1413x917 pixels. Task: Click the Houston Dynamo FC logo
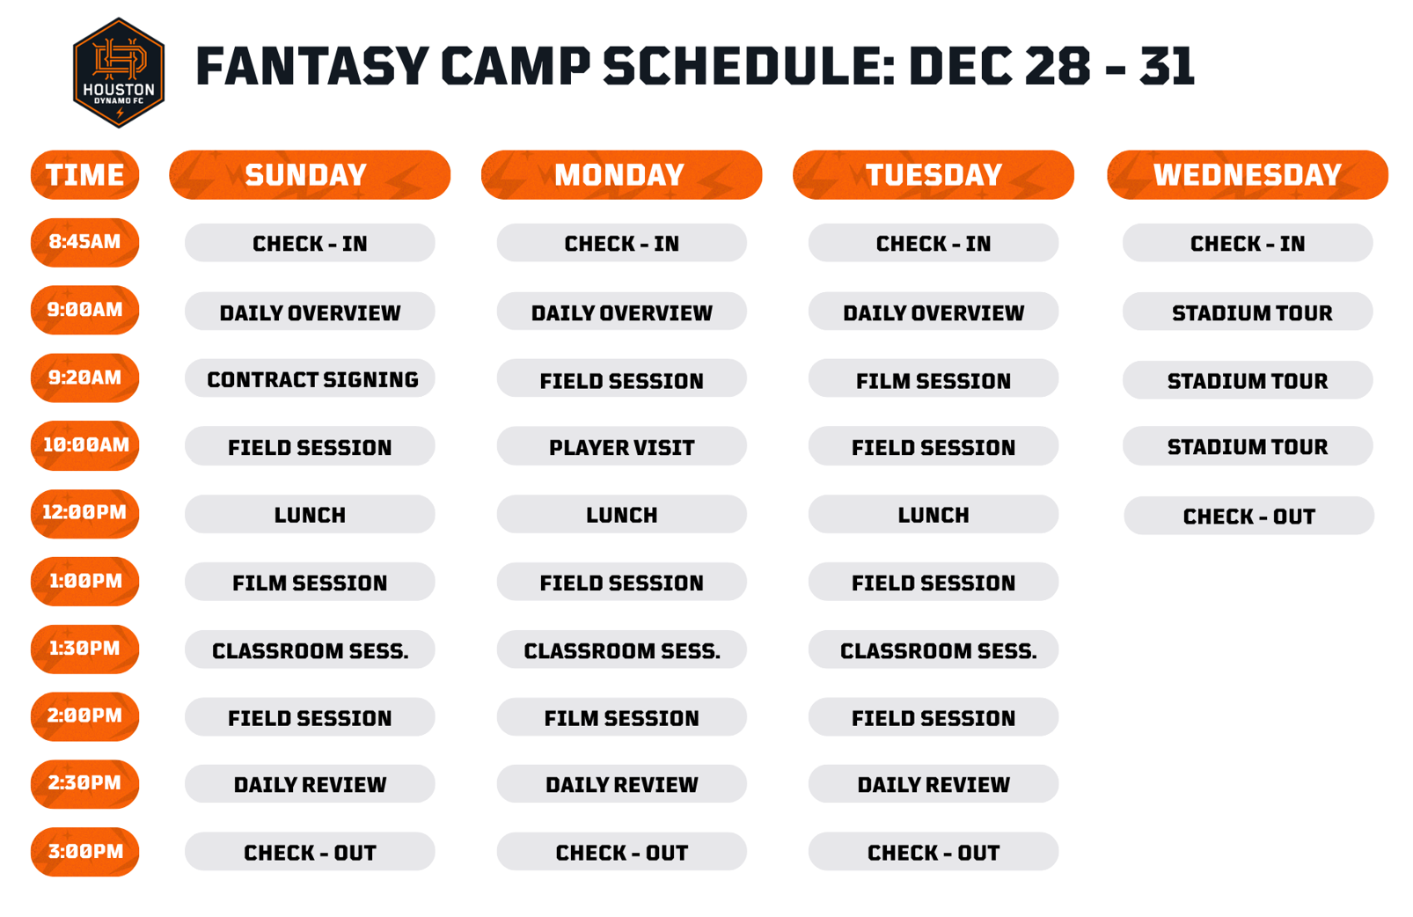coord(119,72)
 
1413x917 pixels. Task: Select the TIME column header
coord(85,175)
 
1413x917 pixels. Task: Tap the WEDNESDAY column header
coord(1247,175)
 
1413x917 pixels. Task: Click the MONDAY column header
coord(621,175)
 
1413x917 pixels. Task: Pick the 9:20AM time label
coord(85,378)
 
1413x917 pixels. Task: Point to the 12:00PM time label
coord(85,513)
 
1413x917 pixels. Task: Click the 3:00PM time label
coord(85,851)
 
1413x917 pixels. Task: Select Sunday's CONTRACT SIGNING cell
coord(310,378)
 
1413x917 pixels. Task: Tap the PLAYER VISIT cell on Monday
coord(621,446)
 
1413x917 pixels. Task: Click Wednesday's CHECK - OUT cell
coord(1248,516)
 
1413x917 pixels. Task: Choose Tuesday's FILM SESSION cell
coord(933,378)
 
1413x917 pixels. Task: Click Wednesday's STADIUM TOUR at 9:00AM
coord(1247,312)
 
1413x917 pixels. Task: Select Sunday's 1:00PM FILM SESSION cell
coord(310,581)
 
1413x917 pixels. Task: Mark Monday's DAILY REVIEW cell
coord(621,784)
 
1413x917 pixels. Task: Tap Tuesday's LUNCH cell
coord(933,514)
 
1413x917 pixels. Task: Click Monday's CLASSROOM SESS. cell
coord(621,649)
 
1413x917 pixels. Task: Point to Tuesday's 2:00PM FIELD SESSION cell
coord(933,717)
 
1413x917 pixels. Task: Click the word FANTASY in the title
coord(313,66)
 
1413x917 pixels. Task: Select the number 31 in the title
coord(1167,66)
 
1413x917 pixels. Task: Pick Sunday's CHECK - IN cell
coord(310,243)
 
